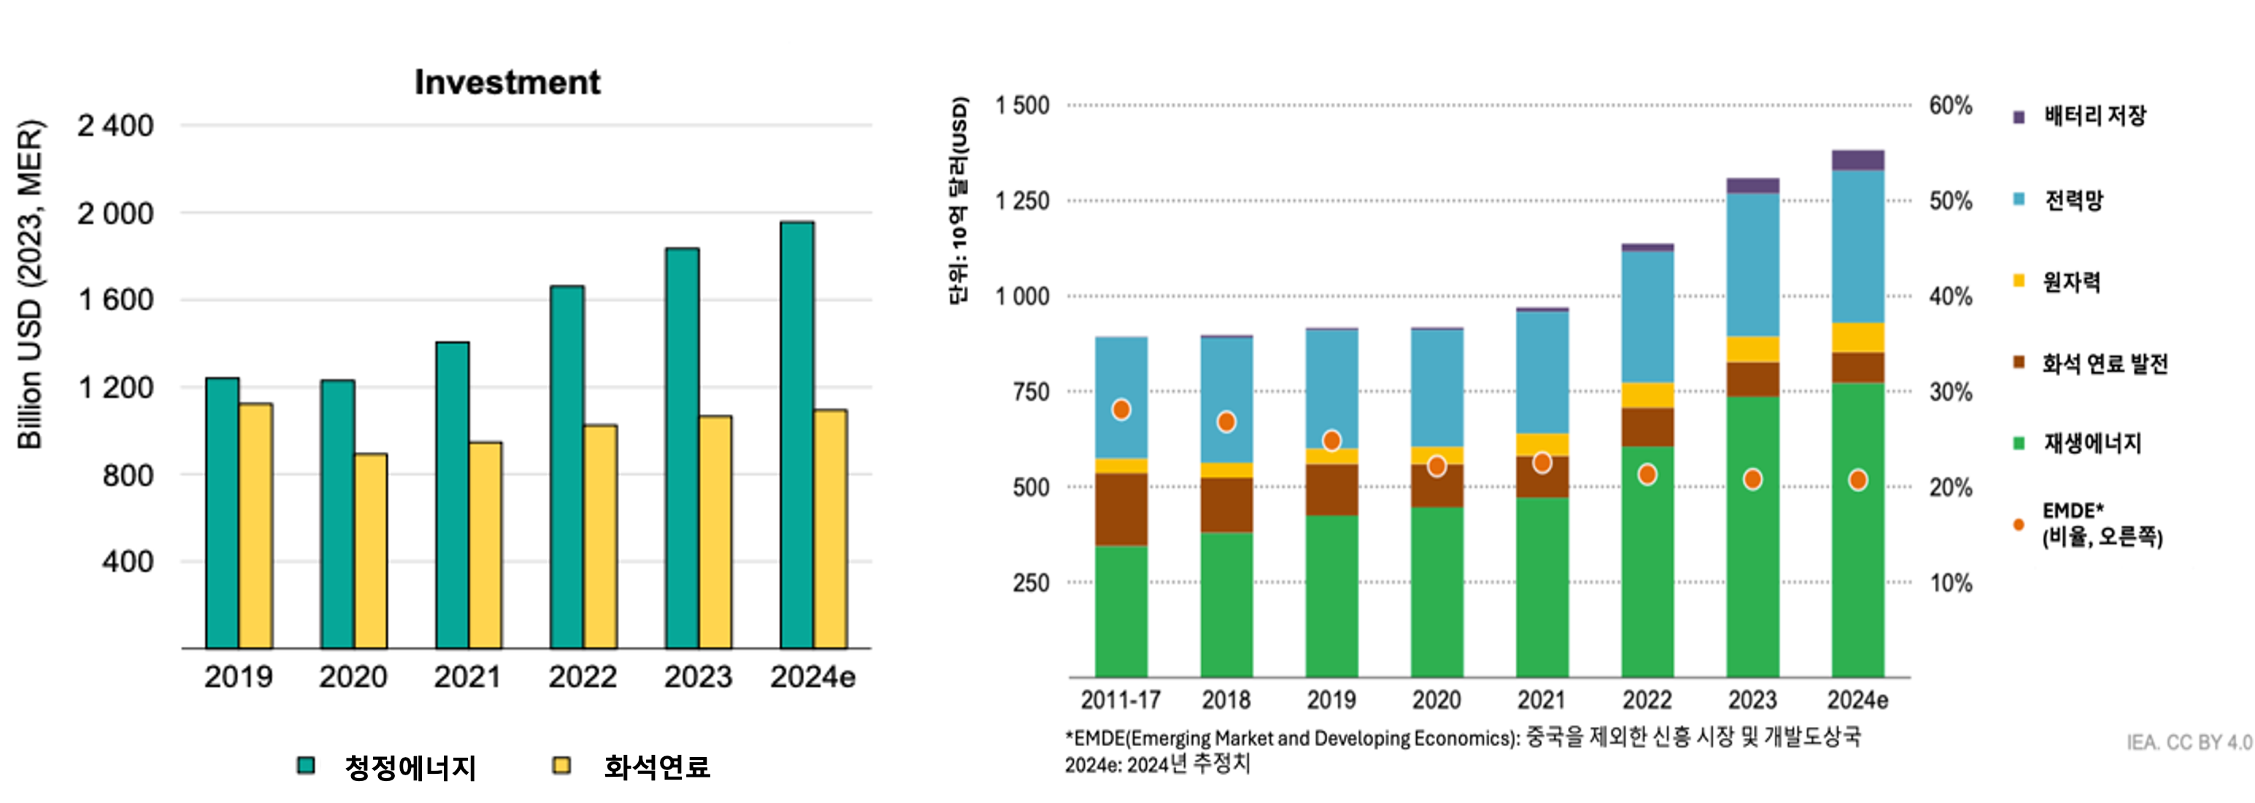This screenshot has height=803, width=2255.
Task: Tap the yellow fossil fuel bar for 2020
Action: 371,551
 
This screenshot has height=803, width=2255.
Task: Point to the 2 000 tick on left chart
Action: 115,214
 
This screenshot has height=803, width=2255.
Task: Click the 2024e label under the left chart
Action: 813,677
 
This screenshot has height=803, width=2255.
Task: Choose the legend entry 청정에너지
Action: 409,768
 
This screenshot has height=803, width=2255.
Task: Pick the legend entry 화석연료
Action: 656,767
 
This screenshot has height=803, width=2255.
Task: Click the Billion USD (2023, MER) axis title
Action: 30,285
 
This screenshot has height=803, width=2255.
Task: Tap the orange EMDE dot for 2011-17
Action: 1121,410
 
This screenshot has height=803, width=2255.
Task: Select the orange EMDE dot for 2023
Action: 1753,479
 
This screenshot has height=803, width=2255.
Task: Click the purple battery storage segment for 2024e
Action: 1858,161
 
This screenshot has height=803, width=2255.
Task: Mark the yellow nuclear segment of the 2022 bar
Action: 1648,395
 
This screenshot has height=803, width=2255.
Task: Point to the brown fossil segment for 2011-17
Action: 1121,510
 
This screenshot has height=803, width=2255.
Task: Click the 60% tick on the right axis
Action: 1951,106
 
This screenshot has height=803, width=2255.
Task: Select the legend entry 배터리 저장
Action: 2094,115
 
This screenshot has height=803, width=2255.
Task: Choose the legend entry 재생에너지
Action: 2091,443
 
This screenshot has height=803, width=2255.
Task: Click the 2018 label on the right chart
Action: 1226,699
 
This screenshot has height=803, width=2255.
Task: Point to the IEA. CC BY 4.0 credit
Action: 2189,742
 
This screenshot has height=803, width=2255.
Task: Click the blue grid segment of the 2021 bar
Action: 1543,372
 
